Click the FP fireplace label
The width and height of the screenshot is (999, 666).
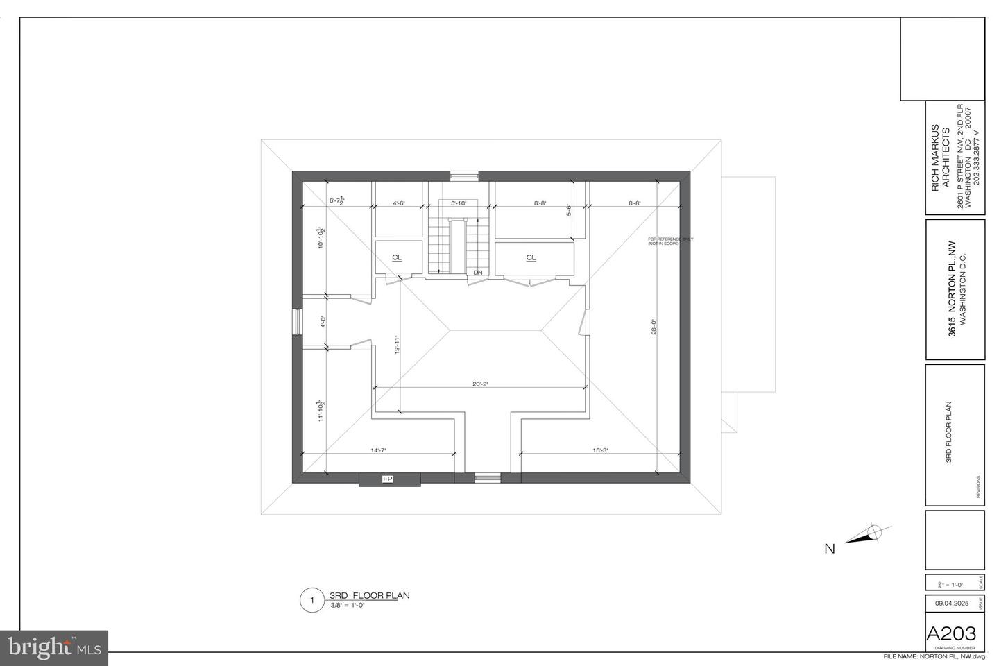click(387, 479)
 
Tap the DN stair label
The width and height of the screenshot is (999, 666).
click(478, 273)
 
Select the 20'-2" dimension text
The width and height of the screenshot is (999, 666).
click(480, 384)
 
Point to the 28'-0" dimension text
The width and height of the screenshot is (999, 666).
click(653, 326)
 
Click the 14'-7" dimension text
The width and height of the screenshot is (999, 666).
click(378, 450)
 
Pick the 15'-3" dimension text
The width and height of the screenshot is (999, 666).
click(600, 450)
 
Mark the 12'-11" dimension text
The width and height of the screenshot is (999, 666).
click(397, 345)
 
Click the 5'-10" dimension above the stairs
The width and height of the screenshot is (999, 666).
click(459, 203)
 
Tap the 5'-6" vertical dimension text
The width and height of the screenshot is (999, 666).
click(568, 209)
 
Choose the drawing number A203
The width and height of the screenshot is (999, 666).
click(951, 633)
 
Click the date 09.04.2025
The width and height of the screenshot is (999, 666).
click(950, 604)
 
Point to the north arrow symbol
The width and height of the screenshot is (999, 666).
click(868, 535)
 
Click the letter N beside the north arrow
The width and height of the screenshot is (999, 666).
click(829, 549)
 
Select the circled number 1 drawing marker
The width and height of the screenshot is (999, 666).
click(311, 600)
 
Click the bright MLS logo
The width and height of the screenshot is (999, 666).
click(54, 648)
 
